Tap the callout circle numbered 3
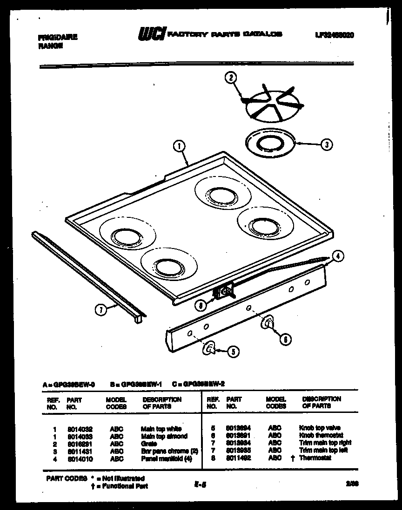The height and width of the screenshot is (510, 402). tap(327, 144)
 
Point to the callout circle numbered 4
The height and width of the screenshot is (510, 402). tap(338, 255)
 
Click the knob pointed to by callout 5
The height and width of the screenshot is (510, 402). tap(210, 347)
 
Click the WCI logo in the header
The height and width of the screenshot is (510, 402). tap(151, 34)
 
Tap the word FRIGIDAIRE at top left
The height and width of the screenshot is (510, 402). tap(57, 37)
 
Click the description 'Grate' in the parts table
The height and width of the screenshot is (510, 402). tap(149, 444)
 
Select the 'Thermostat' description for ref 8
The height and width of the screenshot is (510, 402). tap(315, 458)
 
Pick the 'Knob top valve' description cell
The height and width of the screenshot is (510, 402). tap(319, 428)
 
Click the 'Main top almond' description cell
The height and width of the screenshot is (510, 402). tap(164, 436)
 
